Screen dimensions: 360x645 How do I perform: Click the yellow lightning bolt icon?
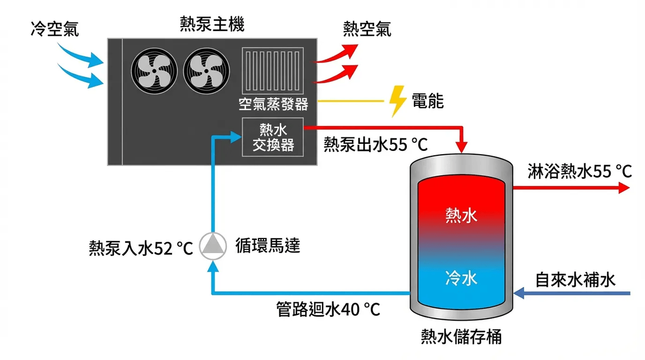398,100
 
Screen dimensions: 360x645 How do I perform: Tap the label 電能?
428,101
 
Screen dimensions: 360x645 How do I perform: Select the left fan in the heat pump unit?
154,73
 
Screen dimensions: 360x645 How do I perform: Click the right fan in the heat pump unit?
206,73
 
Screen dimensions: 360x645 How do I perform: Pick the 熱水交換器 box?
273,137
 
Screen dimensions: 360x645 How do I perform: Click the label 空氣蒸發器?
273,103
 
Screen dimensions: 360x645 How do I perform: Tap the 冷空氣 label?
54,30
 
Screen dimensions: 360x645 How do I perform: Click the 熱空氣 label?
367,30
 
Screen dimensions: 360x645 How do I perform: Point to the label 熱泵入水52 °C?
141,249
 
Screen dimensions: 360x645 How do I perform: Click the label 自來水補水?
575,280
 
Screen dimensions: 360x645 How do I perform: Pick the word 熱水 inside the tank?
461,215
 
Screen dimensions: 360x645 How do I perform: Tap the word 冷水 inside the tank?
461,278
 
